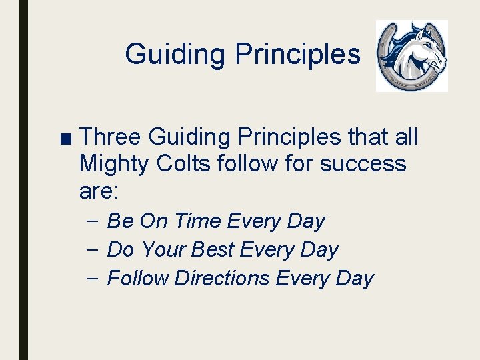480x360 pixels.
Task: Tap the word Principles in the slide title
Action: tap(297, 54)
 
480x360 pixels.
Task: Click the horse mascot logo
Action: tap(411, 55)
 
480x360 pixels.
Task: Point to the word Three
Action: tap(110, 137)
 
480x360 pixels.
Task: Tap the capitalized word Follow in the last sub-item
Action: tap(137, 278)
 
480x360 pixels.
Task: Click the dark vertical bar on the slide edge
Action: tap(23, 180)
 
